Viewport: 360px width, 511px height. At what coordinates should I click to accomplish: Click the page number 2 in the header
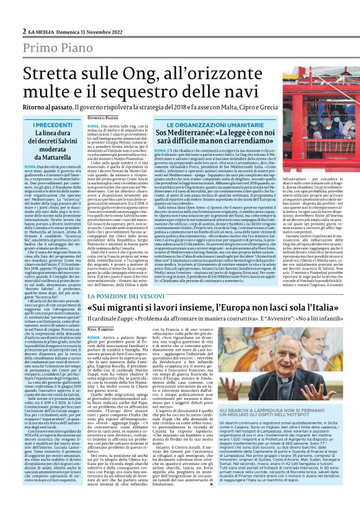pyautogui.click(x=24, y=31)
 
